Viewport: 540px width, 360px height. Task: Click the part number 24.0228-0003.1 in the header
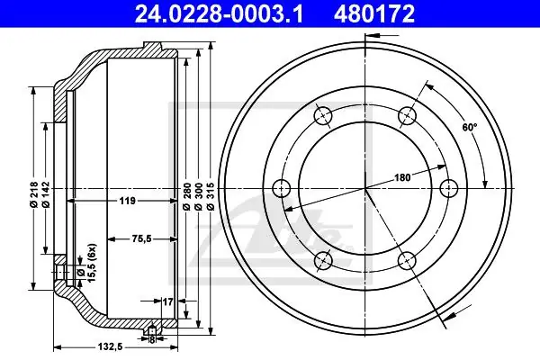coord(219,14)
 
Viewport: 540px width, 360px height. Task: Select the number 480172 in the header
coord(373,14)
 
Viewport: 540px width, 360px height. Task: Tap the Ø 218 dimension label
coord(34,194)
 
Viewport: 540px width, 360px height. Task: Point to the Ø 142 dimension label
coord(46,194)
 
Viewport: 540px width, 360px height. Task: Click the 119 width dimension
coord(127,201)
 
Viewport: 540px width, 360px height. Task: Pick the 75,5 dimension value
coord(140,238)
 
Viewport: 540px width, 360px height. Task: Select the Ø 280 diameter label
coord(186,196)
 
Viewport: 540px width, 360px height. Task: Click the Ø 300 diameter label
coord(198,196)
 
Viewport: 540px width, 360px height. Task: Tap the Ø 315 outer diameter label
coord(211,196)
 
